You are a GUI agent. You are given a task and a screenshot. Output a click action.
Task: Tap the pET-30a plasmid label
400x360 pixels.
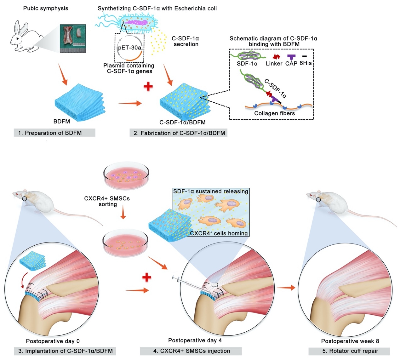point(129,48)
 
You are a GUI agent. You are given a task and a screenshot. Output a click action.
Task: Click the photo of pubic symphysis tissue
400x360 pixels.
point(73,38)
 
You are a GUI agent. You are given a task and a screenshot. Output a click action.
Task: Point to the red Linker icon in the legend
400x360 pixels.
point(277,57)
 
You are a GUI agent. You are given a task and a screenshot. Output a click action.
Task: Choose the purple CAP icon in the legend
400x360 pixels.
point(292,57)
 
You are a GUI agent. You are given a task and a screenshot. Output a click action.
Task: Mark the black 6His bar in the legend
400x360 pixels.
point(305,57)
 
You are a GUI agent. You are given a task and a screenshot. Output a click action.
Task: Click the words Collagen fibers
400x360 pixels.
point(274,113)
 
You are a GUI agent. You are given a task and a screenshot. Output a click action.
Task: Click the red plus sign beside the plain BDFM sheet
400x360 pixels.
point(148,86)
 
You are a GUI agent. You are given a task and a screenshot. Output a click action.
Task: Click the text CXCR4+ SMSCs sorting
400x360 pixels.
point(107,201)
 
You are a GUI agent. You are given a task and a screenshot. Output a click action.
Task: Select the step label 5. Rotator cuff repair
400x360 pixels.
point(349,351)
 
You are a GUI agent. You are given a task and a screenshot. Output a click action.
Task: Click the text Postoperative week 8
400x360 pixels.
point(350,341)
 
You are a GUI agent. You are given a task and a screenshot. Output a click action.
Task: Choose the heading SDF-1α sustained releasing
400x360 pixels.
point(211,191)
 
